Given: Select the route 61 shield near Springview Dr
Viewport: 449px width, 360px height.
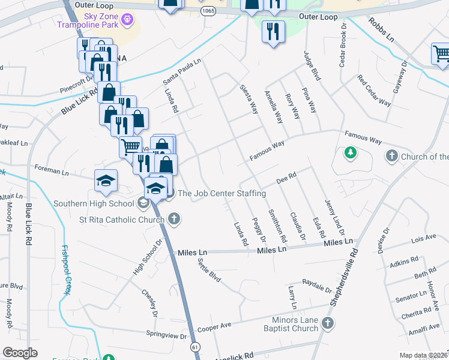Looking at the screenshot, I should pyautogui.click(x=195, y=347).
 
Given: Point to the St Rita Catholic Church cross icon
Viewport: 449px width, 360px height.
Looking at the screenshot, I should pyautogui.click(x=173, y=219).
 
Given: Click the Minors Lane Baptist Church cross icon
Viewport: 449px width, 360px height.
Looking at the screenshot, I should pyautogui.click(x=327, y=324).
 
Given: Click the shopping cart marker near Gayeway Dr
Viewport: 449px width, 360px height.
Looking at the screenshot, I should pyautogui.click(x=441, y=54).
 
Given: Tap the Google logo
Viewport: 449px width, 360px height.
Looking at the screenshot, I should pyautogui.click(x=20, y=353).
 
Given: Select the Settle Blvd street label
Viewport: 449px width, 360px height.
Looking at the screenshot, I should pyautogui.click(x=207, y=271).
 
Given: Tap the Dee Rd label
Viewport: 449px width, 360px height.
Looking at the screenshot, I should pyautogui.click(x=287, y=179).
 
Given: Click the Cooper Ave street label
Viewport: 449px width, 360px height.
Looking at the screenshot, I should pyautogui.click(x=214, y=326).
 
